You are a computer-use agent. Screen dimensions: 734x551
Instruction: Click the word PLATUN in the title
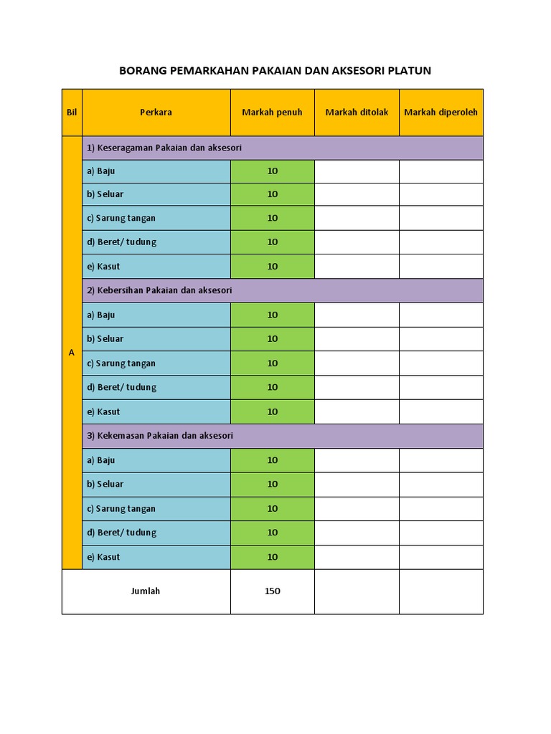tap(409, 71)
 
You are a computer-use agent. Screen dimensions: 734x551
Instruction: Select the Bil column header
tap(72, 112)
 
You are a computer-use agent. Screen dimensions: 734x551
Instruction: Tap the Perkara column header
tap(156, 112)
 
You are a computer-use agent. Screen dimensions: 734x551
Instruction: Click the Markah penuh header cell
tap(272, 112)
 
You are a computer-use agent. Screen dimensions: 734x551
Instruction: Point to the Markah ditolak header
tap(357, 112)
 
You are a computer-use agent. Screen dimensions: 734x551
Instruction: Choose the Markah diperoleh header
tap(441, 112)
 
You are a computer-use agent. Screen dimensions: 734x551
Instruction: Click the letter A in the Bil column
tap(72, 353)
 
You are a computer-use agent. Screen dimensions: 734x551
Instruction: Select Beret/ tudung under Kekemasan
tap(121, 533)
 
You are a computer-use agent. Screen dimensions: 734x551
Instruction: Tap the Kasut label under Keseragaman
tap(103, 267)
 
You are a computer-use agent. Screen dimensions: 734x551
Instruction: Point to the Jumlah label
tap(146, 591)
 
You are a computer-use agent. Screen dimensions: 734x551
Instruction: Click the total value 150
tap(272, 591)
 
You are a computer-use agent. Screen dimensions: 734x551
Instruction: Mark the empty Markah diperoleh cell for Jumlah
tap(441, 591)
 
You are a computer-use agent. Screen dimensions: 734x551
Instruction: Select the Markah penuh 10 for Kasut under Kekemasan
tap(272, 557)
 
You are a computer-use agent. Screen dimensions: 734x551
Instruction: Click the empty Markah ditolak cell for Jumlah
tap(357, 591)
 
